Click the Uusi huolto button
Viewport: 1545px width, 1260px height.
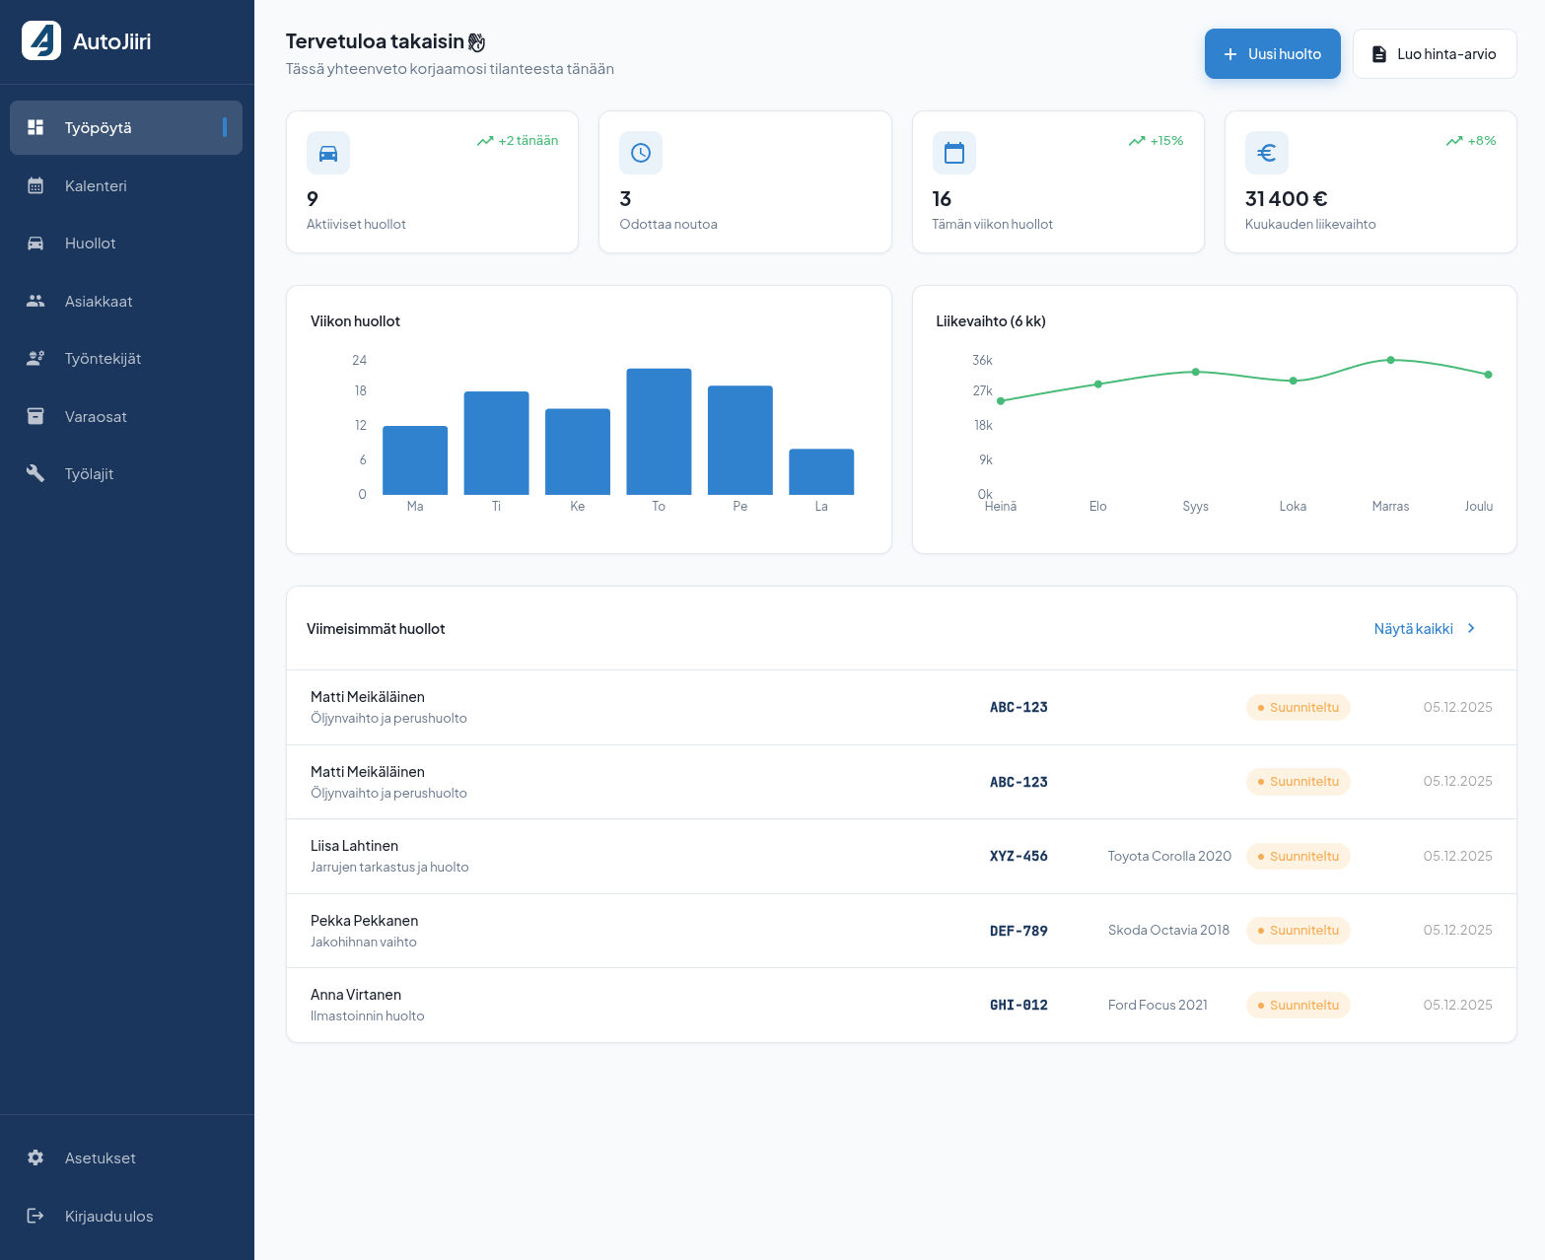pyautogui.click(x=1272, y=54)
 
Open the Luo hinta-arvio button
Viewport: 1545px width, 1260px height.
pyautogui.click(x=1434, y=54)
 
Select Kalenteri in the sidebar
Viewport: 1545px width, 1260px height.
pyautogui.click(x=96, y=186)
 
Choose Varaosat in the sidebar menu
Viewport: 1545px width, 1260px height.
pyautogui.click(x=96, y=417)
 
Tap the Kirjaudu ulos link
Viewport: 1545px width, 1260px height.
pyautogui.click(x=108, y=1217)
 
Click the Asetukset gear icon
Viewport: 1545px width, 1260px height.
pyautogui.click(x=35, y=1158)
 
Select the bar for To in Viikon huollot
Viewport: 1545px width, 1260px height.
pyautogui.click(x=659, y=432)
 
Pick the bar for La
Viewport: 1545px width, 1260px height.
pyautogui.click(x=821, y=472)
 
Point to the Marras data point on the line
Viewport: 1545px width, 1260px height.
pyautogui.click(x=1390, y=360)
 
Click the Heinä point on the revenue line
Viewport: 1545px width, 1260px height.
pyautogui.click(x=1001, y=401)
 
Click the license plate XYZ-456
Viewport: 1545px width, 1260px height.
pyautogui.click(x=1018, y=857)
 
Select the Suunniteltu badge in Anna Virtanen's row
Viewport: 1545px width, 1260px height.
pyautogui.click(x=1298, y=1006)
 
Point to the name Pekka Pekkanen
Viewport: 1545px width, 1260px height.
pyautogui.click(x=364, y=921)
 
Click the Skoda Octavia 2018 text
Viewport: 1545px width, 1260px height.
pyautogui.click(x=1168, y=931)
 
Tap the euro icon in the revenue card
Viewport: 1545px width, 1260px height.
pyautogui.click(x=1267, y=153)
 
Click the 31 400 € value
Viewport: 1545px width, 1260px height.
pyautogui.click(x=1286, y=199)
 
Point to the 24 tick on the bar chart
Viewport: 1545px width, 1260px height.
pyautogui.click(x=359, y=361)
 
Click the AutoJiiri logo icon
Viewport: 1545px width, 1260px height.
pyautogui.click(x=41, y=40)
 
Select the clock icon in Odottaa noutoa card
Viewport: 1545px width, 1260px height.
pyautogui.click(x=641, y=153)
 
